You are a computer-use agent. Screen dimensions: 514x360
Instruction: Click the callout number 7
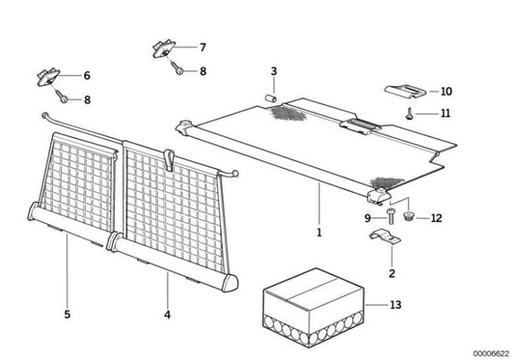tap(203, 47)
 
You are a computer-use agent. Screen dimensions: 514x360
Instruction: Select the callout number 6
tap(87, 75)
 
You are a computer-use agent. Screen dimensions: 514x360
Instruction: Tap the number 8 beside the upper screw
tap(203, 71)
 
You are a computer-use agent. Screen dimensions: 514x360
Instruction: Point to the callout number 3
tap(274, 71)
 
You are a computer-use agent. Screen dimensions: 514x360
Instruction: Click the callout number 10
tap(446, 92)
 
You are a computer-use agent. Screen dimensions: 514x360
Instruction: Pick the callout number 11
tap(446, 113)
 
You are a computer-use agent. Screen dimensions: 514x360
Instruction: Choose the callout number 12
tap(436, 218)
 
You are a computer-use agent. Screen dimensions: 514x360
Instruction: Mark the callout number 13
tap(395, 305)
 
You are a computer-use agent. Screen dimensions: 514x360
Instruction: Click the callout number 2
tap(392, 273)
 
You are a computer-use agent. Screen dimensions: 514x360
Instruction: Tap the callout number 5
tap(68, 315)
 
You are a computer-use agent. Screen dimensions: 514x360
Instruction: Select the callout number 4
tap(167, 315)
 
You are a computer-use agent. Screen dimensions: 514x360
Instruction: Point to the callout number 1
tap(319, 233)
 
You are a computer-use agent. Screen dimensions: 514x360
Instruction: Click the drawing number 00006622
tap(491, 353)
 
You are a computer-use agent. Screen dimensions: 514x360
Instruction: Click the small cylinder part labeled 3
tap(271, 97)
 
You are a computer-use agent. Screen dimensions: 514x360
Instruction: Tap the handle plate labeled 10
tap(405, 92)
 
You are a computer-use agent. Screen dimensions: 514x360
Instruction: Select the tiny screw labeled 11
tap(409, 114)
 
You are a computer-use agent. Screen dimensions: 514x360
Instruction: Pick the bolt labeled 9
tap(391, 216)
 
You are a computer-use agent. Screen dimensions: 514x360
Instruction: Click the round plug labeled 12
tap(408, 216)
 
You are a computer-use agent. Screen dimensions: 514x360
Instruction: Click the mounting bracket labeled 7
tap(164, 49)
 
